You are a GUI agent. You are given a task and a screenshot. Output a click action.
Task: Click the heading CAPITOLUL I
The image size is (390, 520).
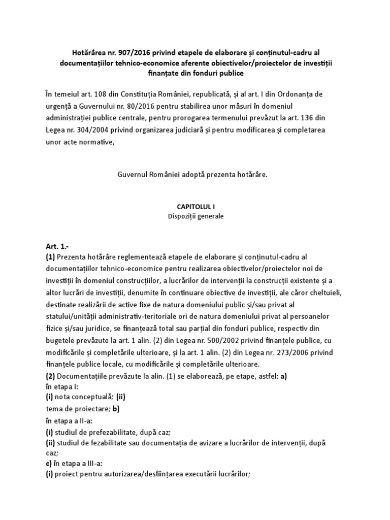(x=195, y=207)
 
